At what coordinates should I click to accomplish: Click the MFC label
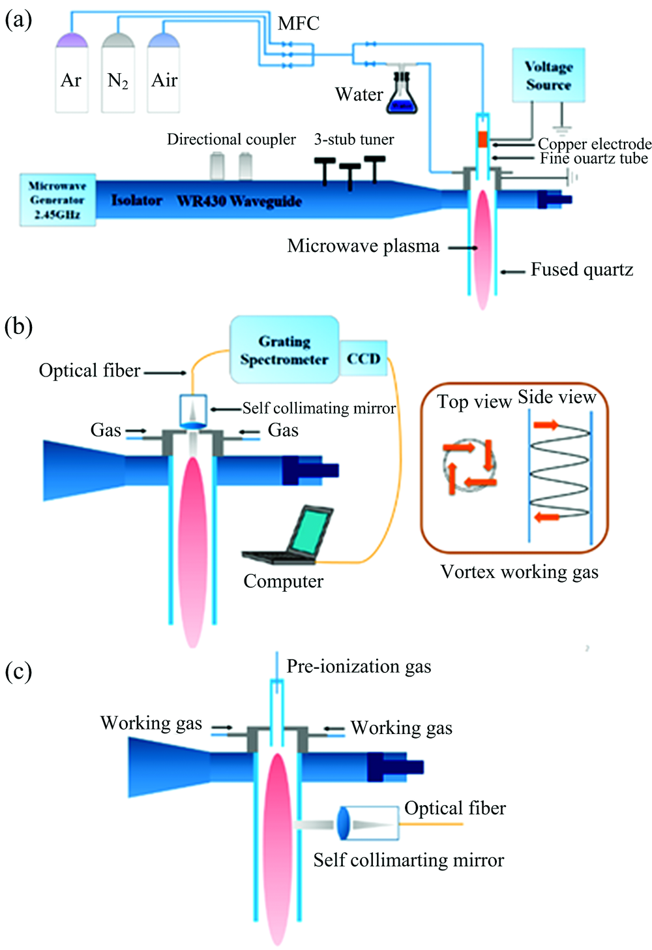pyautogui.click(x=299, y=23)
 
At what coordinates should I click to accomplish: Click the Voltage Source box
pyautogui.click(x=548, y=75)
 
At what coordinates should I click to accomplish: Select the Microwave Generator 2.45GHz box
pyautogui.click(x=57, y=200)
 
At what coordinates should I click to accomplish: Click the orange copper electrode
pyautogui.click(x=482, y=139)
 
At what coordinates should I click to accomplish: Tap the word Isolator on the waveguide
pyautogui.click(x=136, y=200)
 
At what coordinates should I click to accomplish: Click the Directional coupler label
pyautogui.click(x=231, y=140)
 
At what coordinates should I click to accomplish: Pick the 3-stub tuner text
pyautogui.click(x=354, y=140)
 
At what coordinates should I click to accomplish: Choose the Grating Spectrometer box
pyautogui.click(x=284, y=350)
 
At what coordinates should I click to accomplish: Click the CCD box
pyautogui.click(x=363, y=358)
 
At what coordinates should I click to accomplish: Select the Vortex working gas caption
pyautogui.click(x=519, y=572)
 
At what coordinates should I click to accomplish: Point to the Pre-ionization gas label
pyautogui.click(x=359, y=666)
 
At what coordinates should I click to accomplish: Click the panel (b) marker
pyautogui.click(x=18, y=326)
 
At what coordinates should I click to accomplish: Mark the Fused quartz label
pyautogui.click(x=582, y=269)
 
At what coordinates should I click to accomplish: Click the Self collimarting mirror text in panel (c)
pyautogui.click(x=408, y=860)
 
